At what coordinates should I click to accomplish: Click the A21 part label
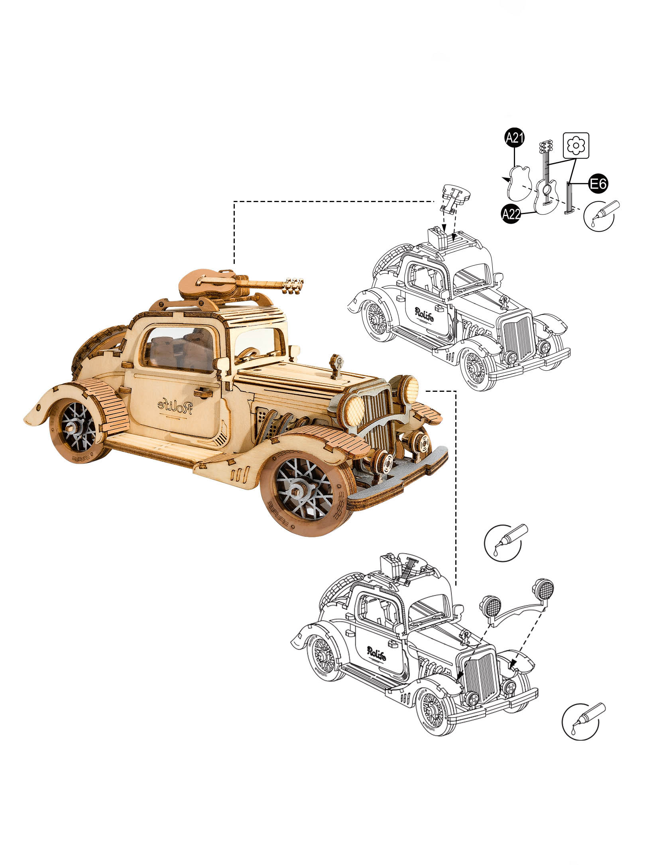click(515, 138)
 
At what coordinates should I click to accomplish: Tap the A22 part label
click(511, 214)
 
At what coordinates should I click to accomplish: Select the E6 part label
click(598, 184)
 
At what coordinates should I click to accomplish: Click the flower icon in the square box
click(576, 145)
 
